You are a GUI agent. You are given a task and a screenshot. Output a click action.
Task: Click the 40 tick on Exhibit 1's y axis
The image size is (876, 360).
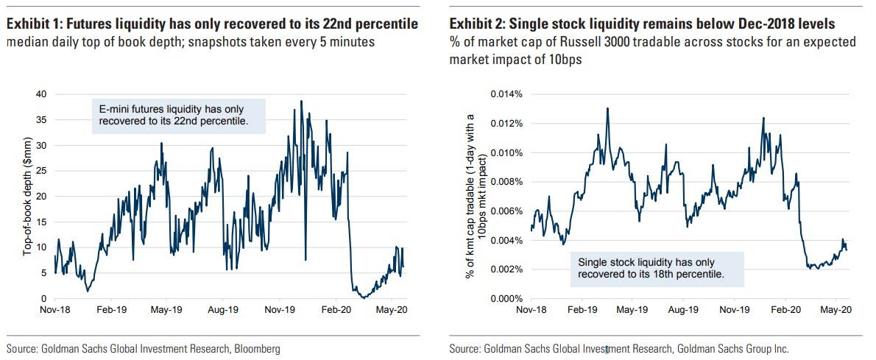(40, 94)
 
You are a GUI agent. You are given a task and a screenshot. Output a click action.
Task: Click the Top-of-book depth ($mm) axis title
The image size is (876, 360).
(28, 197)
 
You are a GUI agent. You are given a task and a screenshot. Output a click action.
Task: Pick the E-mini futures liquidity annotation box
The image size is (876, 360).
(178, 115)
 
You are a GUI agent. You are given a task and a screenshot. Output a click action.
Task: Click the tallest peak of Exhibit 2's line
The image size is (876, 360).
(607, 108)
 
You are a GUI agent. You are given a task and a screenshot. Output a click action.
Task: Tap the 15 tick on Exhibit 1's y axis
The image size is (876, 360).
(40, 222)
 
